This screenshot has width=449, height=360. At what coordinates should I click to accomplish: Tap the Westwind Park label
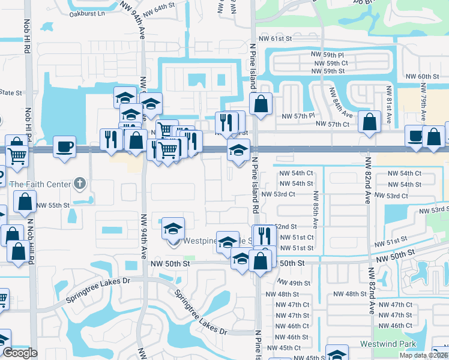pos(388,344)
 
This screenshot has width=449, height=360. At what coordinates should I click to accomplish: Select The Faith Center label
pos(40,184)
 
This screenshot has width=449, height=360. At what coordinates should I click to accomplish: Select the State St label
pos(10,93)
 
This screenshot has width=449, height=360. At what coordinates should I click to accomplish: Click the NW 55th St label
pos(53,205)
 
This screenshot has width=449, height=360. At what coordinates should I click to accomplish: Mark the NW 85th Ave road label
pos(316,209)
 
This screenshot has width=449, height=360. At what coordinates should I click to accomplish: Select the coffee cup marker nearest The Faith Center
pos(64,146)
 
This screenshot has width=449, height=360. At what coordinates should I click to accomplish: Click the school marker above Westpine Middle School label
pos(173,228)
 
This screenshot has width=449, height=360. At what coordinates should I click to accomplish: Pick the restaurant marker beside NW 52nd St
pos(264,234)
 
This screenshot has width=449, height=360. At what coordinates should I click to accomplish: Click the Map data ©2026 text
pos(423,355)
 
